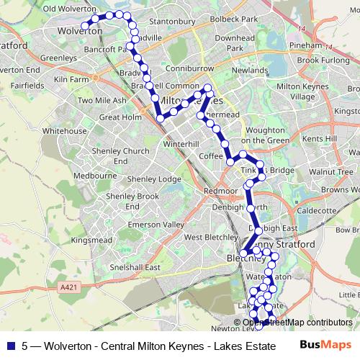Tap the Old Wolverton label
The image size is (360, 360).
pyautogui.click(x=70, y=9)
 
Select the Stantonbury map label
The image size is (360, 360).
pyautogui.click(x=171, y=22)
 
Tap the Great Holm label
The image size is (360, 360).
pyautogui.click(x=120, y=116)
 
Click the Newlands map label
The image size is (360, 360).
pyautogui.click(x=248, y=71)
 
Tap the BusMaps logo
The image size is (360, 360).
pyautogui.click(x=321, y=345)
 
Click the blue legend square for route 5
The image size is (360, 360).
pyautogui.click(x=11, y=345)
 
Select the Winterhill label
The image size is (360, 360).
pyautogui.click(x=179, y=143)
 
